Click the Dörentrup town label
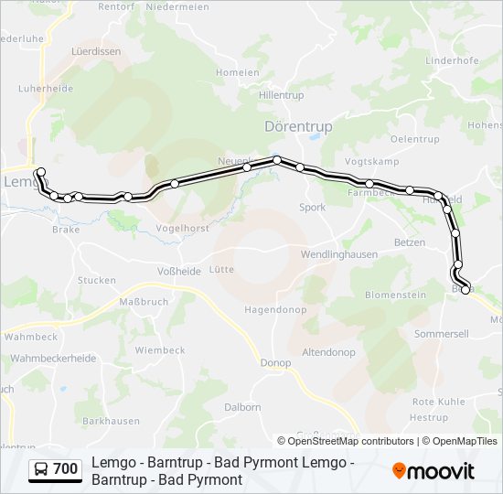[297, 126]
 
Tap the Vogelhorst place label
[183, 228]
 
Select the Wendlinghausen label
[339, 253]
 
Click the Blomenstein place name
[396, 295]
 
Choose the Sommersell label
[441, 334]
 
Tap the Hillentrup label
[282, 95]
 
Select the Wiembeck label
[160, 349]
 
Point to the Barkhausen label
[111, 421]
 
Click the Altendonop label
[329, 352]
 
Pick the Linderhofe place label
[452, 60]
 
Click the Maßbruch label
[144, 301]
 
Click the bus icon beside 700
[41, 470]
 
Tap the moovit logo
[433, 471]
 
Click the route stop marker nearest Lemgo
[39, 172]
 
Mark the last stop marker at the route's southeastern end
[466, 290]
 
